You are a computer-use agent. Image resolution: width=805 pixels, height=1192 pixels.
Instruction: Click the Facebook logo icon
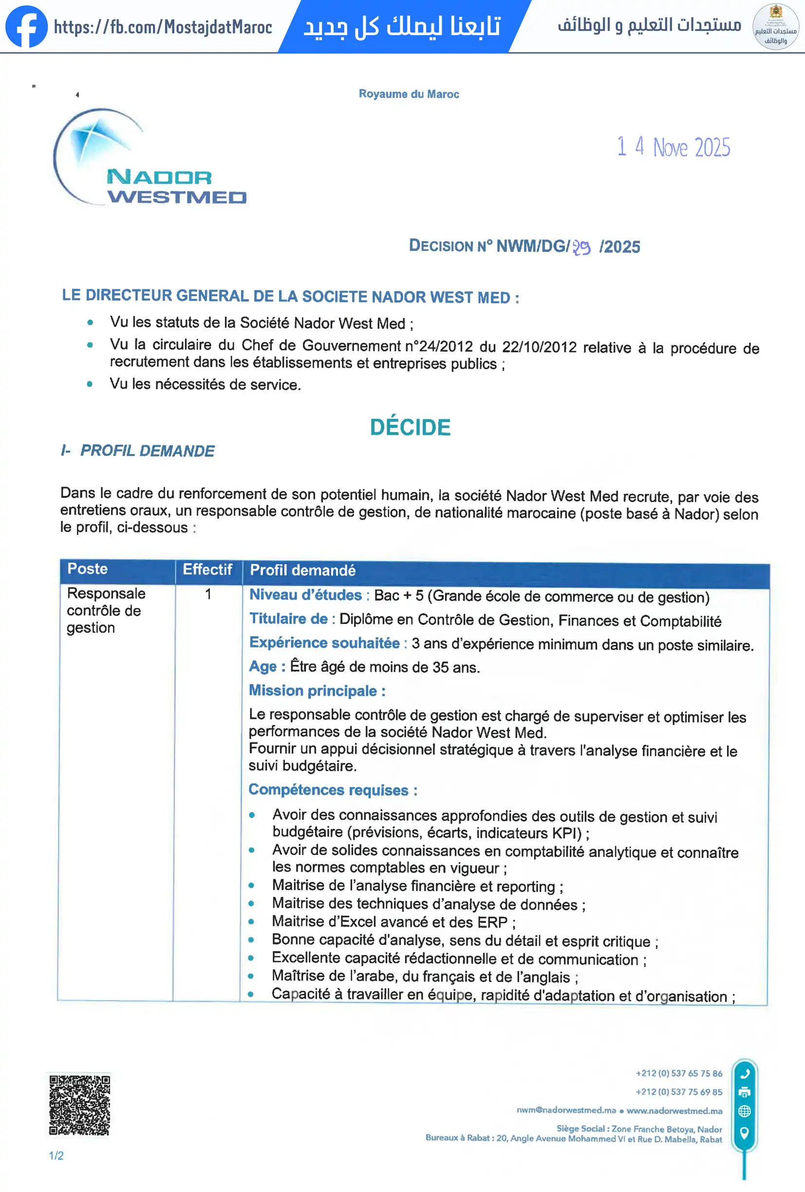(x=26, y=27)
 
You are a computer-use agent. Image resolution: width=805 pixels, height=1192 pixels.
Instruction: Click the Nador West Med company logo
(x=149, y=158)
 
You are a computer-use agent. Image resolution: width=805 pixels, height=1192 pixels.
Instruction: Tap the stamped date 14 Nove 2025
(x=673, y=147)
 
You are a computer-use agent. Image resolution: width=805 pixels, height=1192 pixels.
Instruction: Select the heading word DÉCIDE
(x=410, y=427)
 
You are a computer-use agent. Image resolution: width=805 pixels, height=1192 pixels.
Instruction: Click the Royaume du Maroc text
(x=409, y=94)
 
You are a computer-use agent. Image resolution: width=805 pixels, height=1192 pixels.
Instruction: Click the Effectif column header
(x=207, y=570)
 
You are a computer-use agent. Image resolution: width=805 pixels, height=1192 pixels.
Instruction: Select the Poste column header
(x=88, y=569)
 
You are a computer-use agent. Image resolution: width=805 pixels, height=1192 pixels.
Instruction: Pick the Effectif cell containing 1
(x=208, y=594)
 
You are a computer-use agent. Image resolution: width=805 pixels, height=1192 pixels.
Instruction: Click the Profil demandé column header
(x=302, y=570)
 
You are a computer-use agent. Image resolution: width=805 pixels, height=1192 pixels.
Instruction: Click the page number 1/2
(x=56, y=1155)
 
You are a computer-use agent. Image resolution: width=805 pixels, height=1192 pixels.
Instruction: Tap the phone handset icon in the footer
(x=745, y=1074)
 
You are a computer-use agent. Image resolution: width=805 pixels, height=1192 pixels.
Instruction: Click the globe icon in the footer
(x=745, y=1112)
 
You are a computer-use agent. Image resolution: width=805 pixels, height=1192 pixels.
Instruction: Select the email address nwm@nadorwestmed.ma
(x=566, y=1110)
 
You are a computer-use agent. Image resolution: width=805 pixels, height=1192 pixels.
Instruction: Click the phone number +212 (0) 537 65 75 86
(x=679, y=1074)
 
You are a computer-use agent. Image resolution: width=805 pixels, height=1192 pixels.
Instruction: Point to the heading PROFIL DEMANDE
(x=147, y=451)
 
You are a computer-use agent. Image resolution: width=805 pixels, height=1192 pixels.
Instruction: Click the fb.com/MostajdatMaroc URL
(x=163, y=27)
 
